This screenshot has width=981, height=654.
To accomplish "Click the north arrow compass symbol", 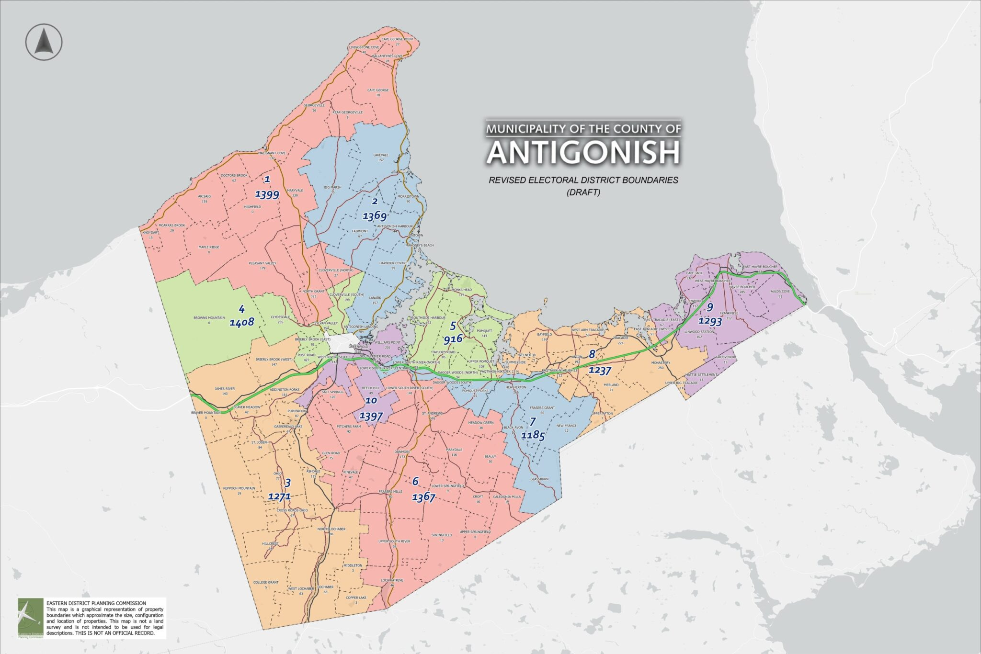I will click(44, 42).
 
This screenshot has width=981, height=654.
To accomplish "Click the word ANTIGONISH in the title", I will click(583, 153).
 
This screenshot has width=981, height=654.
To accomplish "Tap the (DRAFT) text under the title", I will click(583, 192).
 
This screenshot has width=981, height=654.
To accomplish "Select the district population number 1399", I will click(267, 194).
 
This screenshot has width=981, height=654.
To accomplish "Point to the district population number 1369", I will click(375, 216).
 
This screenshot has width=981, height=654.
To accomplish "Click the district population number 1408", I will click(241, 322).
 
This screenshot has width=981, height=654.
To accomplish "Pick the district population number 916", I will click(453, 339).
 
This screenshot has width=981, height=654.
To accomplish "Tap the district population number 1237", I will click(600, 370).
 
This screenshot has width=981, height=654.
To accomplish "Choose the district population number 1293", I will click(710, 321).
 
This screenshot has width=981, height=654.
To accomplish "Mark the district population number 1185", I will click(533, 436).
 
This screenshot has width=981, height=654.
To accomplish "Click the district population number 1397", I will click(371, 416).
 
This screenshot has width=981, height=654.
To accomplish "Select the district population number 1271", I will click(279, 496).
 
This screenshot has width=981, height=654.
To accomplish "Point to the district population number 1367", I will click(423, 497).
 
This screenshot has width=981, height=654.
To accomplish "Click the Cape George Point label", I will click(397, 39).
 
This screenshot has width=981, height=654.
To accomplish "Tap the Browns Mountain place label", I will click(209, 317).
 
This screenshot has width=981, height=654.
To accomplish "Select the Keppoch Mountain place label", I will click(239, 488).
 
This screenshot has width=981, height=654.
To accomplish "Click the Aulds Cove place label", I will click(780, 291).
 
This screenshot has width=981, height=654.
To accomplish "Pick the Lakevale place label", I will click(381, 155).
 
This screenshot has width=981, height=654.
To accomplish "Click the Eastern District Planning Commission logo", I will click(30, 618).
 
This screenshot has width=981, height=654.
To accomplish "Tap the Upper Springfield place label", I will click(475, 532).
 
